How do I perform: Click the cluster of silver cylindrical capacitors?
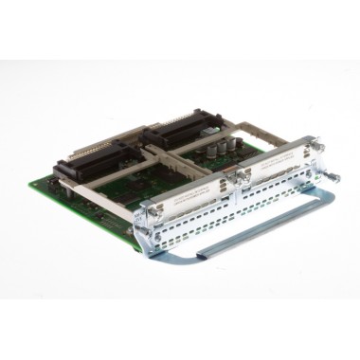(x=226, y=147)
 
